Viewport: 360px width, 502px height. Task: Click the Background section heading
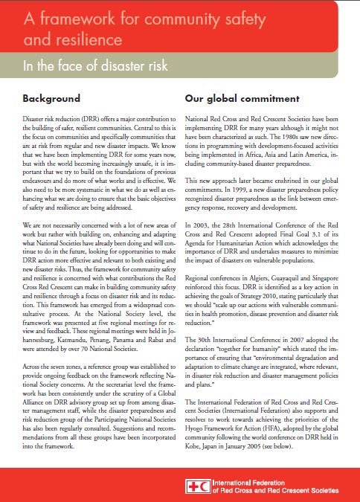[x=51, y=98]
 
